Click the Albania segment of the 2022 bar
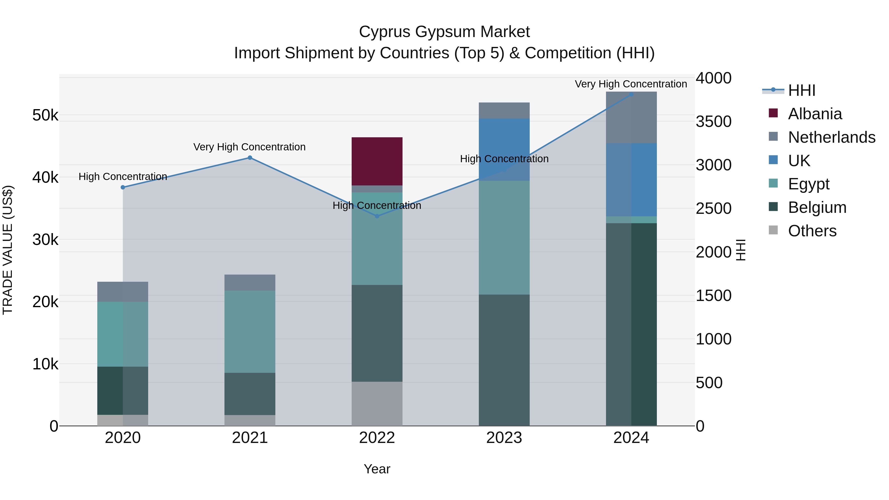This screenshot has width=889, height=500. click(377, 161)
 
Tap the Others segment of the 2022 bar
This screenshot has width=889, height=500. click(377, 403)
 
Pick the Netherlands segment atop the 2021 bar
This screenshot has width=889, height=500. click(250, 282)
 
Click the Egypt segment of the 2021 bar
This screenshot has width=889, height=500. click(250, 331)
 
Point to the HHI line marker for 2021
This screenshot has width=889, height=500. click(250, 158)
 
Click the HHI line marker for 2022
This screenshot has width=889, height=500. click(377, 216)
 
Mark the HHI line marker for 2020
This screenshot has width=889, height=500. click(123, 187)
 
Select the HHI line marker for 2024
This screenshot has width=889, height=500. click(631, 94)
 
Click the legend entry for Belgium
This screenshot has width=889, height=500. click(817, 207)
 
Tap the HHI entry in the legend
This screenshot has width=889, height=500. click(801, 90)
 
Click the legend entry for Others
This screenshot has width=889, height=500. click(812, 231)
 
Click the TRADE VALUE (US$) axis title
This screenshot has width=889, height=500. click(8, 250)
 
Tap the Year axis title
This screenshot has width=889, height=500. click(377, 469)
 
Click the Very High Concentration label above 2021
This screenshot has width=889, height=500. click(249, 147)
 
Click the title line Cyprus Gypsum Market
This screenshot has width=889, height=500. click(444, 32)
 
